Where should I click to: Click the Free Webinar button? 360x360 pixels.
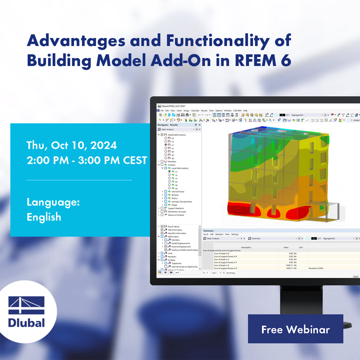pyautogui.click(x=295, y=329)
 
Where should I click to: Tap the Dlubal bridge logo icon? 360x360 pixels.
pyautogui.click(x=26, y=305)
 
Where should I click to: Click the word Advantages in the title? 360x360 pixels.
pyautogui.click(x=76, y=41)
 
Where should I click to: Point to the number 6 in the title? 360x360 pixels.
pyautogui.click(x=286, y=60)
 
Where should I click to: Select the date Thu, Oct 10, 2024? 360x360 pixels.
pyautogui.click(x=72, y=145)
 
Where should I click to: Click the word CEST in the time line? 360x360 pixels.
pyautogui.click(x=135, y=160)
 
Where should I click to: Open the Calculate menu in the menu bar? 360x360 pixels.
pyautogui.click(x=195, y=110)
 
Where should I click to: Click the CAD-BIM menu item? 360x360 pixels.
pyautogui.click(x=238, y=110)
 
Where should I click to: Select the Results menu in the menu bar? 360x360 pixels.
pyautogui.click(x=204, y=110)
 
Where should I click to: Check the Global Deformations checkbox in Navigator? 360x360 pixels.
pyautogui.click(x=162, y=135)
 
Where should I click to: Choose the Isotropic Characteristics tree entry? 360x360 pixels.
pyautogui.click(x=181, y=201)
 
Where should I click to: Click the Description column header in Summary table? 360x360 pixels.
pyautogui.click(x=246, y=247)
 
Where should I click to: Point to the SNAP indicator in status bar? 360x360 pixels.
pyautogui.click(x=356, y=277)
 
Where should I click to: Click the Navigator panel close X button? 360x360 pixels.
pyautogui.click(x=200, y=125)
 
